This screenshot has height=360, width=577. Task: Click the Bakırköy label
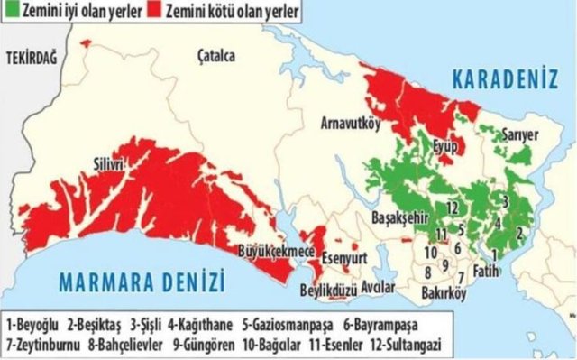pyautogui.click(x=444, y=293)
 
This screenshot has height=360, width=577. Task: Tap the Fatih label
pyautogui.click(x=484, y=269)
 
